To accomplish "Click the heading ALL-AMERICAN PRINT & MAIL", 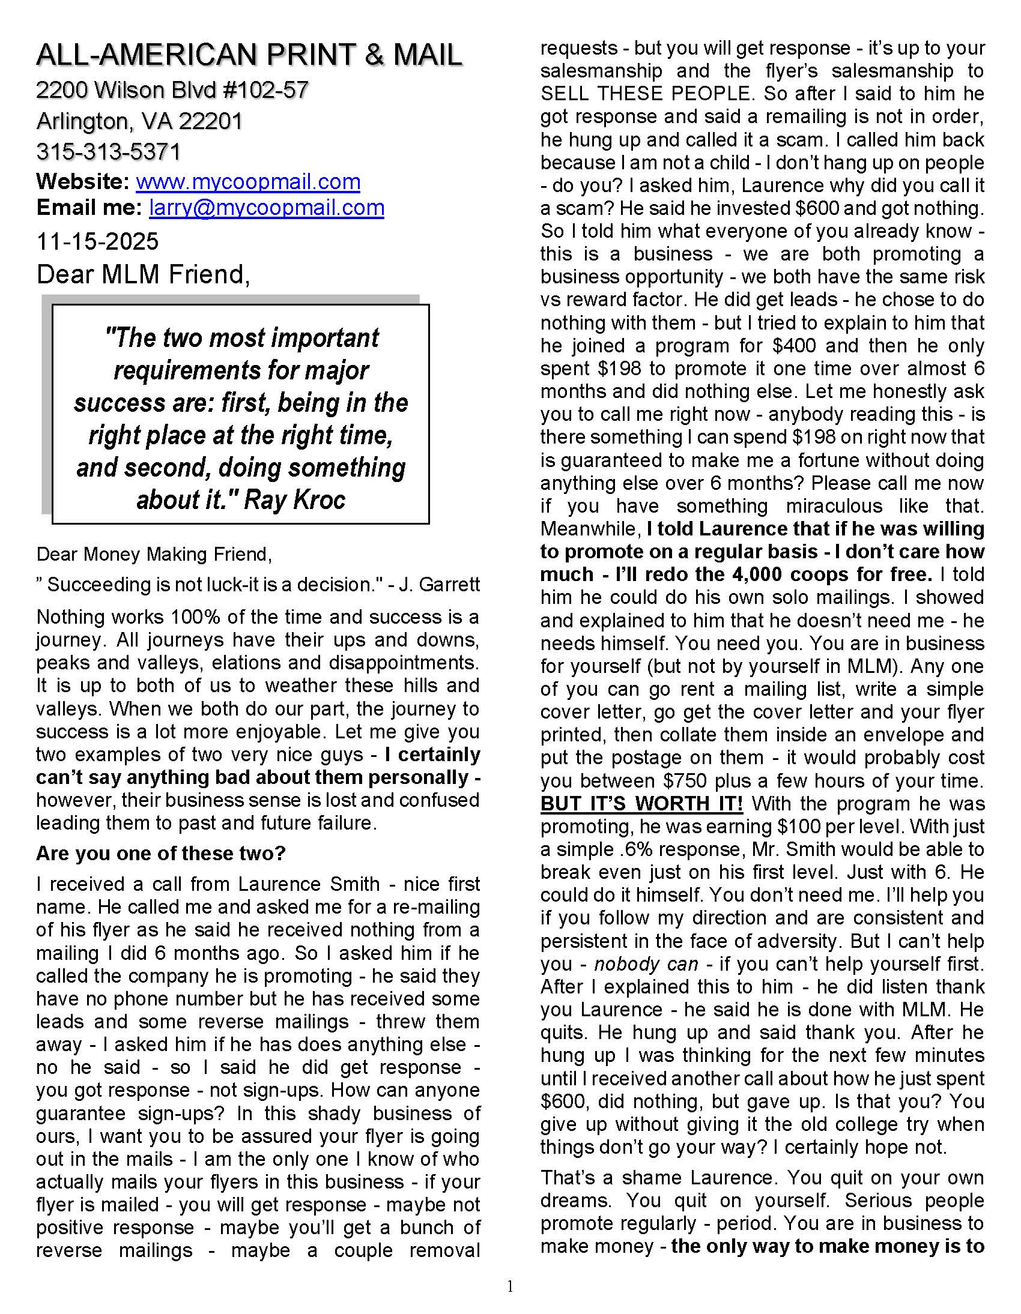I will pyautogui.click(x=249, y=55).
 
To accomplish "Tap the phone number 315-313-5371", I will pyautogui.click(x=108, y=152).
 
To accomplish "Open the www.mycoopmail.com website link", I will pyautogui.click(x=248, y=182).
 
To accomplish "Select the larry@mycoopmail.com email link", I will pyautogui.click(x=267, y=208).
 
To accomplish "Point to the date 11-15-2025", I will pyautogui.click(x=97, y=241).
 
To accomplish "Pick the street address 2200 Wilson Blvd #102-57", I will pyautogui.click(x=172, y=90).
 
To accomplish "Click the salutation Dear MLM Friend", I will pyautogui.click(x=143, y=274).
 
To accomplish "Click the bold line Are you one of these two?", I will pyautogui.click(x=161, y=853).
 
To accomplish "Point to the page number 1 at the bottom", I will pyautogui.click(x=510, y=1286).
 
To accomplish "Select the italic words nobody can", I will pyautogui.click(x=646, y=964).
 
